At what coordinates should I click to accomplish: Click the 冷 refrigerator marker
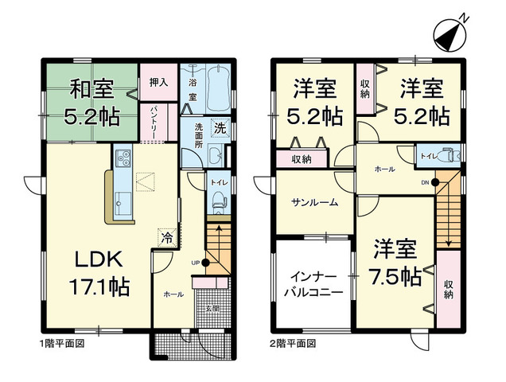click(x=166, y=236)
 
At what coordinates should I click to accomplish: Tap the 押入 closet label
click(x=158, y=81)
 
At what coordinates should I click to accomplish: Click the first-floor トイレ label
click(x=218, y=182)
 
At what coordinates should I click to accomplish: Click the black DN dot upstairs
click(x=435, y=182)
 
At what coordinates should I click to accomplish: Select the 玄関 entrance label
click(x=211, y=308)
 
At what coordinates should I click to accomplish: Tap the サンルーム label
click(x=314, y=202)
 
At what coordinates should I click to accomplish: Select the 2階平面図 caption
click(x=292, y=345)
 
